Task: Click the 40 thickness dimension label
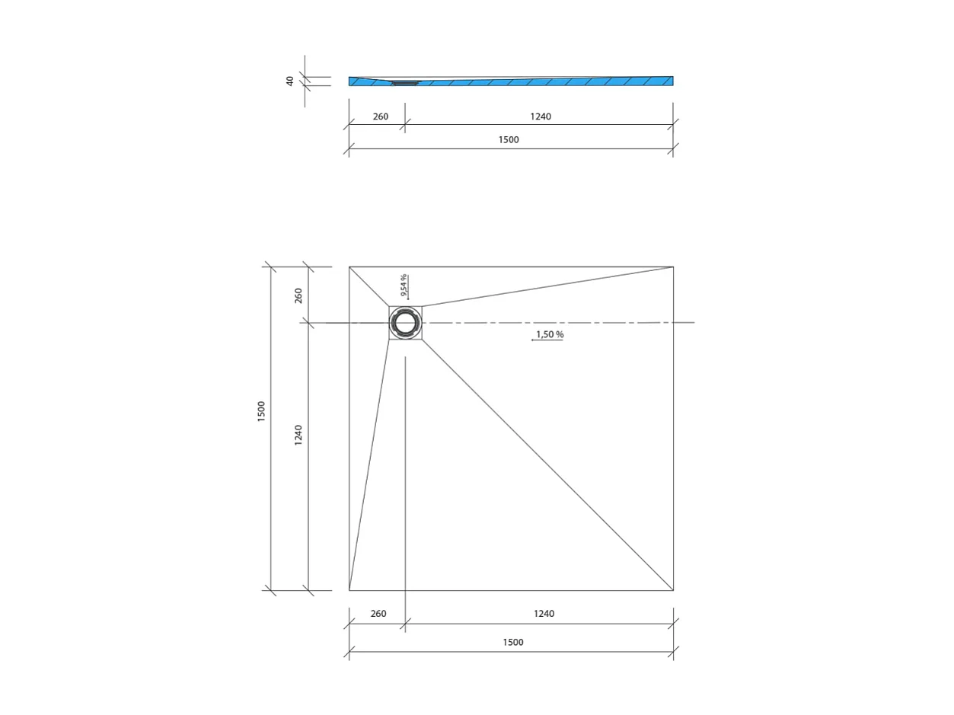290,81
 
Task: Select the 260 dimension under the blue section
381,117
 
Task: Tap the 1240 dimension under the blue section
541,117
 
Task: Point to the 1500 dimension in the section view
509,140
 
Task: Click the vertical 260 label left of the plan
298,295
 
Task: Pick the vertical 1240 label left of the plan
298,435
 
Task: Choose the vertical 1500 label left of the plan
262,412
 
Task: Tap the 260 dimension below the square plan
378,614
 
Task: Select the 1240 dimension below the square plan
544,614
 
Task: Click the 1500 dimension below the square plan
513,642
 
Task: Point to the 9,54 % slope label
404,285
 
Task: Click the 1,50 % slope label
550,334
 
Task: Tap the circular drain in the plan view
406,323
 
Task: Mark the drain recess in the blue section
406,83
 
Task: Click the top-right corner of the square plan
673,267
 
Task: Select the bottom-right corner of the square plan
673,590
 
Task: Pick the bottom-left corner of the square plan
349,590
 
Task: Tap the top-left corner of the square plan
349,267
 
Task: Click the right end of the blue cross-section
671,81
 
